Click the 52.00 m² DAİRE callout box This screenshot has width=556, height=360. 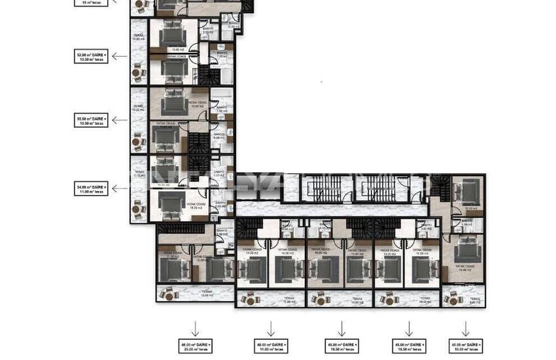(91, 56)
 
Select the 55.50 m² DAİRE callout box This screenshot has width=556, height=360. (91, 120)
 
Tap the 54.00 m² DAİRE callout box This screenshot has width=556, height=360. (91, 189)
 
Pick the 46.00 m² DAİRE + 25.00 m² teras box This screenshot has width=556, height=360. (194, 345)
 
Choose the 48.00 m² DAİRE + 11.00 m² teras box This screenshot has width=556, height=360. (270, 345)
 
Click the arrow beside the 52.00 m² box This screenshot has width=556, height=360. (119, 56)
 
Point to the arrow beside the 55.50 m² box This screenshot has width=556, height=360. (119, 120)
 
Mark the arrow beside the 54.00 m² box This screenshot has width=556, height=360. (119, 189)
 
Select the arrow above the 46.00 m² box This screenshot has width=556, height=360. (194, 327)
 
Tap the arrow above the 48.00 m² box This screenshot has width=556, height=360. (270, 327)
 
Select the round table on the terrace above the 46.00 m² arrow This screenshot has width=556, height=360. (169, 296)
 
